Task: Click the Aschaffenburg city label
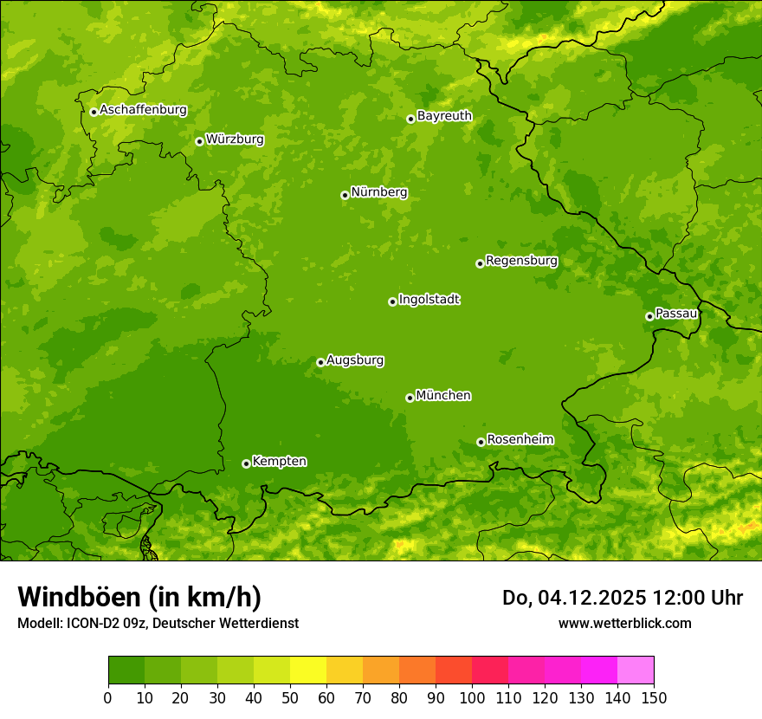(143, 110)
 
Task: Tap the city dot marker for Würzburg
(199, 141)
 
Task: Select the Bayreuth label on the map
(444, 115)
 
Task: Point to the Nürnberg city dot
(345, 195)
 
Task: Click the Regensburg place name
(521, 260)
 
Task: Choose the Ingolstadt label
(429, 299)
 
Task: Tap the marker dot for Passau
(649, 316)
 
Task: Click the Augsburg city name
(355, 359)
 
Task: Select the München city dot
(410, 398)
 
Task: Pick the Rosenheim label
(520, 439)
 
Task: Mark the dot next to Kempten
(246, 463)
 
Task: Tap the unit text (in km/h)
(205, 597)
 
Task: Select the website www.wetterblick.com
(624, 623)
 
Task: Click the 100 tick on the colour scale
(472, 696)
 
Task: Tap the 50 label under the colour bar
(290, 696)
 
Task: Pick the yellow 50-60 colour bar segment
(308, 670)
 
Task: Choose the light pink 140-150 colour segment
(636, 670)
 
